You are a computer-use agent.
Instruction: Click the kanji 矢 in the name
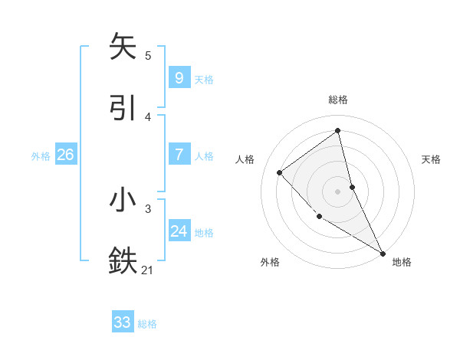click(x=123, y=47)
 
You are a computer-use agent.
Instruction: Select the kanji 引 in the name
click(x=123, y=107)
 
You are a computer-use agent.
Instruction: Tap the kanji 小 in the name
click(x=123, y=201)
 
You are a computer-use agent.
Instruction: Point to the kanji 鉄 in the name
click(x=123, y=260)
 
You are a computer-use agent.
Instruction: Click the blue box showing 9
click(x=179, y=77)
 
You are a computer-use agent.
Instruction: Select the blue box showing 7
click(x=179, y=155)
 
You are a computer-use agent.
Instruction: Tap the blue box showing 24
click(x=179, y=231)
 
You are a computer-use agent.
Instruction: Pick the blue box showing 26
click(x=65, y=155)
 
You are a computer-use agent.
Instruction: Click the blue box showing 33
click(x=123, y=322)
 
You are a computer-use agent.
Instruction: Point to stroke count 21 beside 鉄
click(x=148, y=269)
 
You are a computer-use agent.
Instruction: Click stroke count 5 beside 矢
click(x=148, y=56)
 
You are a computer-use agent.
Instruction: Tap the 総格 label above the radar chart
click(x=337, y=100)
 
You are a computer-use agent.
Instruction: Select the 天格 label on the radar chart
click(x=431, y=159)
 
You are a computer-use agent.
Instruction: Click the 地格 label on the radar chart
click(x=402, y=262)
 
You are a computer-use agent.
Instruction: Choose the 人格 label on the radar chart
click(x=245, y=159)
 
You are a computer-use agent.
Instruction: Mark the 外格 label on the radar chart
click(x=270, y=262)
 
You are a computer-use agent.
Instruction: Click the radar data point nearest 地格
click(x=383, y=253)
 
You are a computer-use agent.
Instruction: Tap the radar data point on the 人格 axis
click(x=280, y=172)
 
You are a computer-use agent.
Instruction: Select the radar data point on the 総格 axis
click(x=337, y=131)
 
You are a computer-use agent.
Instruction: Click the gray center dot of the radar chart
click(x=337, y=191)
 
